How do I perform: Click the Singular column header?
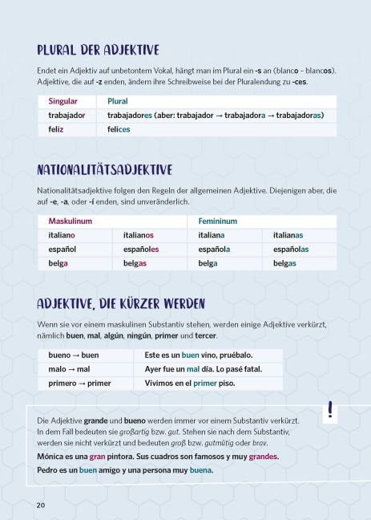pos(63,102)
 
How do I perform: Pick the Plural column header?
pos(118,102)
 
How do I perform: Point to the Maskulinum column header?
pos(71,221)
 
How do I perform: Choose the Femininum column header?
pos(218,221)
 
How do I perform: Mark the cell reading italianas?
pos(288,235)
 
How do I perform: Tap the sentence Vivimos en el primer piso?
pos(190,384)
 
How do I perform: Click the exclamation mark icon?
pos(330,410)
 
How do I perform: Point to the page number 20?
pos(40,505)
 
